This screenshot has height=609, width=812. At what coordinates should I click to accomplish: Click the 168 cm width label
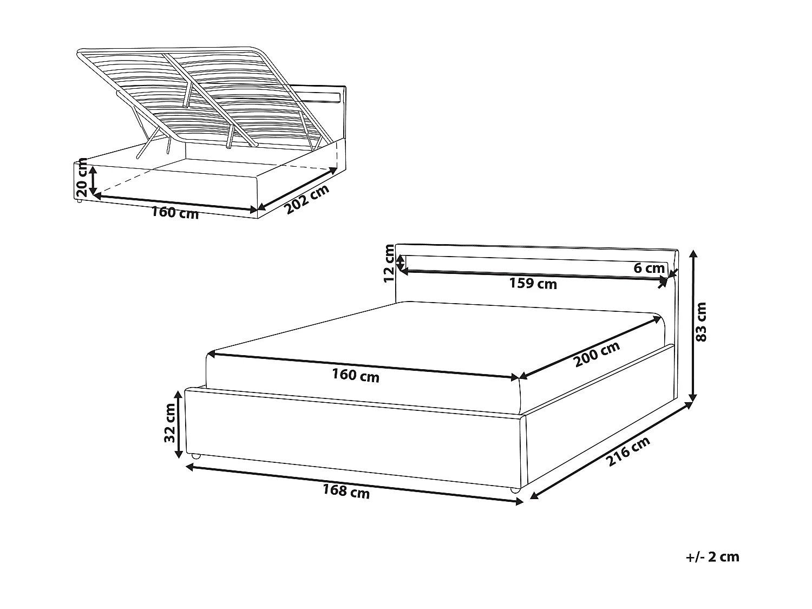[x=346, y=492]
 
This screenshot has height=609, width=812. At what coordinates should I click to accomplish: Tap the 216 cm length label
[x=628, y=452]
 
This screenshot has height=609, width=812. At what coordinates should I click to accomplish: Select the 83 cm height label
[x=702, y=322]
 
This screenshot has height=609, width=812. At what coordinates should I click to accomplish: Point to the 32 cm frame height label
[x=170, y=423]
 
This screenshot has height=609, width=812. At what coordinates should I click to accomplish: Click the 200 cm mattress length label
[x=597, y=355]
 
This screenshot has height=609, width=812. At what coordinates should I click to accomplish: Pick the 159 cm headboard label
[x=533, y=283]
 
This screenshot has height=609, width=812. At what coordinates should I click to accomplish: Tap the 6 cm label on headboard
[x=649, y=268]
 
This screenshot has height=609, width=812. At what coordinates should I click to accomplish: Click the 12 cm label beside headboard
[x=389, y=264]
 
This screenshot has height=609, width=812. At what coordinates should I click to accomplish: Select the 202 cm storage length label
[x=307, y=200]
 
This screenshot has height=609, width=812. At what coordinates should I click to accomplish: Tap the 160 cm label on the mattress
[x=356, y=376]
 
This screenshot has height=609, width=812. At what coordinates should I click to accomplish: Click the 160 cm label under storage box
[x=175, y=213]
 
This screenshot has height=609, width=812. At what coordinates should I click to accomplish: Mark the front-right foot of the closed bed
[x=515, y=490]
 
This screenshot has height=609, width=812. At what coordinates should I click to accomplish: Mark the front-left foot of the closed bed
[x=195, y=457]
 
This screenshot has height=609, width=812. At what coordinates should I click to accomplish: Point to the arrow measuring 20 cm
[x=94, y=180]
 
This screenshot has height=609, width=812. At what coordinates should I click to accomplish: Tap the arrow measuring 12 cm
[x=400, y=263]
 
